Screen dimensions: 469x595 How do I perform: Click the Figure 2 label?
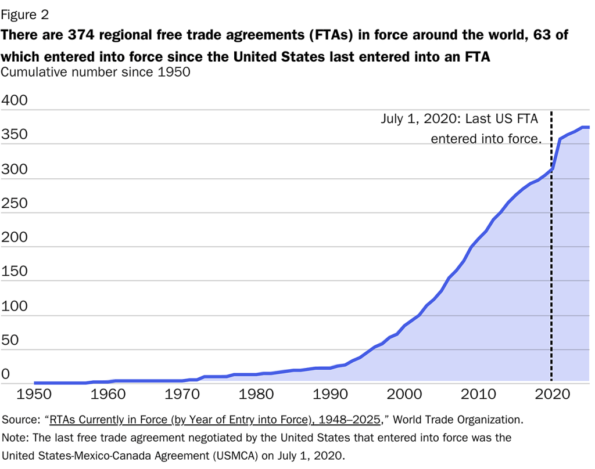coord(28,13)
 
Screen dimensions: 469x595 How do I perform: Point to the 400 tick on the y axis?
coord(15,100)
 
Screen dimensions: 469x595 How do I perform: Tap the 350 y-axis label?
coord(15,135)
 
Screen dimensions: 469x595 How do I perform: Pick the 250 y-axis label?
coord(15,203)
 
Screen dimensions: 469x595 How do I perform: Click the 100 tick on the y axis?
coord(15,306)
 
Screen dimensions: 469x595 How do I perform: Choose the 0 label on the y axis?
coord(6,374)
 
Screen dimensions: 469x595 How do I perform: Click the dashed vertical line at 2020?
coord(551,261)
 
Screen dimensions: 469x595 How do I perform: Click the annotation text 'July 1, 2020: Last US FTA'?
coord(459,119)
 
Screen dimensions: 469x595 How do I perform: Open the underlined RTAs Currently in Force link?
coord(215,419)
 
